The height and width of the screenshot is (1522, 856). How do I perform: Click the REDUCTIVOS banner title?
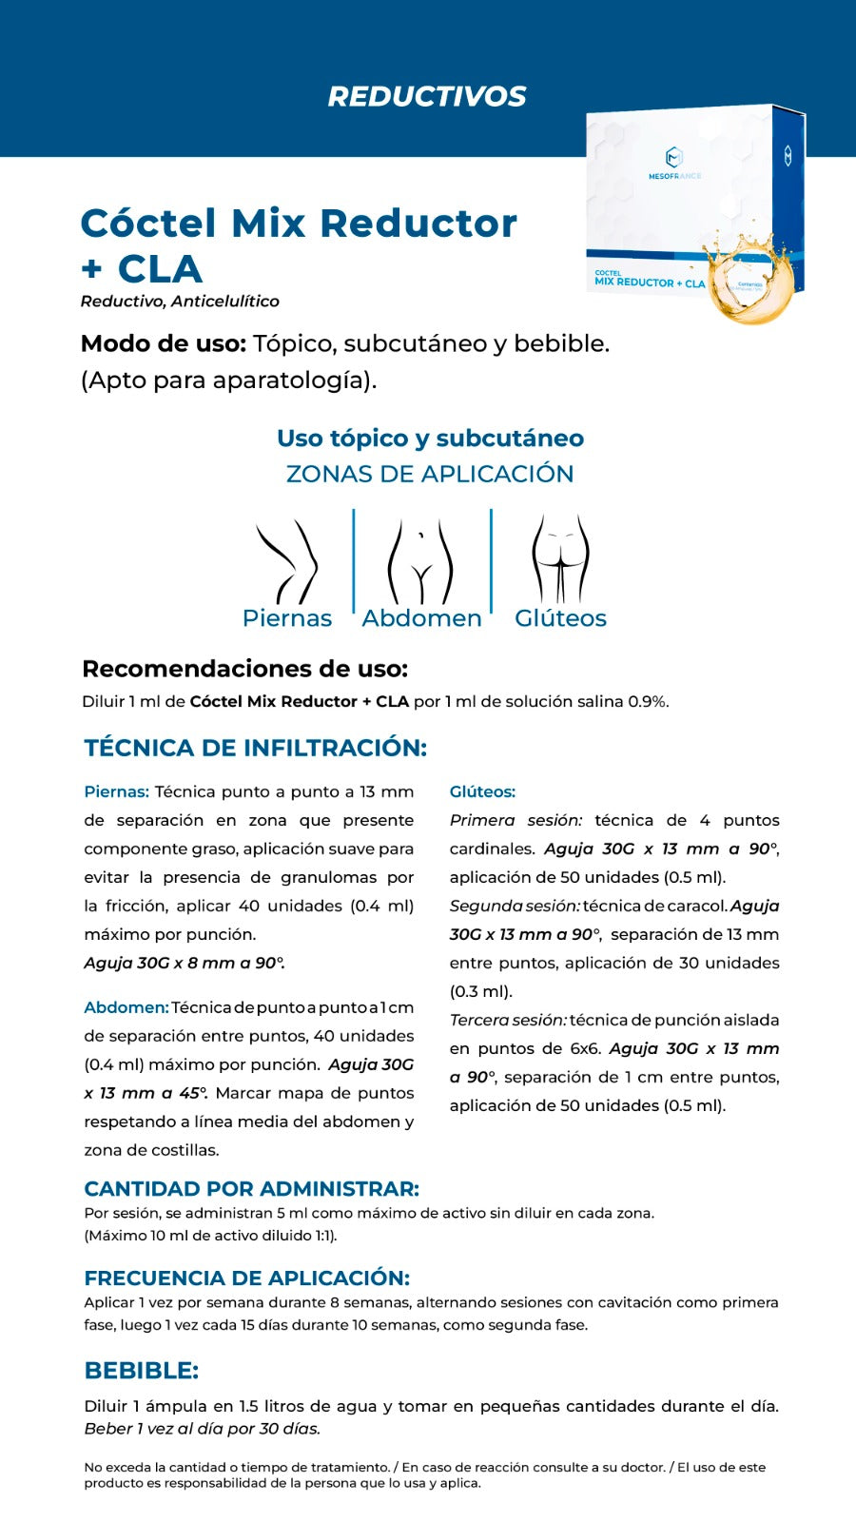[x=427, y=96]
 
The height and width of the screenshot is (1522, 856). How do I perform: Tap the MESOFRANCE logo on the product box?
[x=673, y=163]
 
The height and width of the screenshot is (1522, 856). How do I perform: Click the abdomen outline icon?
[x=420, y=561]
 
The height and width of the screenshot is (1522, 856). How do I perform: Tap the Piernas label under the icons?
[x=286, y=618]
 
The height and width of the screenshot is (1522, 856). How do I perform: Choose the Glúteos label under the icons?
[x=560, y=618]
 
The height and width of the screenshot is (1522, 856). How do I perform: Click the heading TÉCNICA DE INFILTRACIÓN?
[x=255, y=748]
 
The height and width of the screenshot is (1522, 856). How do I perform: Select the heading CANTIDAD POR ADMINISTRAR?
[x=251, y=1188]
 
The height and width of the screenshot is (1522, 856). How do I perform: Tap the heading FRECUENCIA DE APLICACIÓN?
[x=246, y=1278]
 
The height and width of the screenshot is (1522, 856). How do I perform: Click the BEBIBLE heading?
[x=141, y=1371]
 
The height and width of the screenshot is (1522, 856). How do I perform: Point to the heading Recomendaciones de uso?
[x=244, y=669]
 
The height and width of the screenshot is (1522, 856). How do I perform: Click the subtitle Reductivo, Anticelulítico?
[x=180, y=302]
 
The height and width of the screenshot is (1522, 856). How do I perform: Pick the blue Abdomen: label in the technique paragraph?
[x=126, y=1007]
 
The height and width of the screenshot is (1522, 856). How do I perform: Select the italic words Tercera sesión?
[x=508, y=1020]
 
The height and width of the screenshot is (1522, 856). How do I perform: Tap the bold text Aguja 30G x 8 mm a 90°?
[x=184, y=963]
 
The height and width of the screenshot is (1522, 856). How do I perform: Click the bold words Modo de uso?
[x=164, y=343]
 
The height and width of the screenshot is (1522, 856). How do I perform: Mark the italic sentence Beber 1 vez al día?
[x=202, y=1429]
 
